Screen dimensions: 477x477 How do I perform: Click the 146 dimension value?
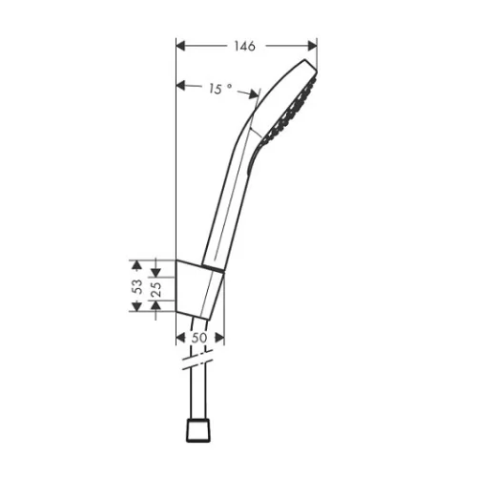pos(245,46)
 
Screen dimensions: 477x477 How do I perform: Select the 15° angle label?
pos(220,89)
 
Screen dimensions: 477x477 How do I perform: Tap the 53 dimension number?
pos(137,286)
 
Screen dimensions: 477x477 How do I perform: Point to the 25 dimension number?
pos(156,289)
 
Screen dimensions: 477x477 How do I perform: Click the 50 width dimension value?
pos(199,338)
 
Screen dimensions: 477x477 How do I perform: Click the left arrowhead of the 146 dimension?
pos(180,46)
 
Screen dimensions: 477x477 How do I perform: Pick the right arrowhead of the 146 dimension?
pos(313,46)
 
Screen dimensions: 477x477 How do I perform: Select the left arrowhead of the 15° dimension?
pos(180,85)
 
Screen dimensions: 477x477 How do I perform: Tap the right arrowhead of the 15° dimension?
pos(254,94)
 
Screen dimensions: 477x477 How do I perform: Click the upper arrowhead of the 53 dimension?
pos(136,265)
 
